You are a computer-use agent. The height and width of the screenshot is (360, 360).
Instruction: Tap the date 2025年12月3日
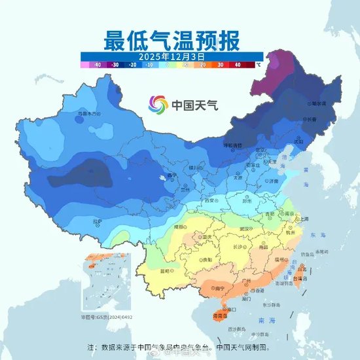point(173,57)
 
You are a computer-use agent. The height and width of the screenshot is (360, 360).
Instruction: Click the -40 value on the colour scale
point(96,65)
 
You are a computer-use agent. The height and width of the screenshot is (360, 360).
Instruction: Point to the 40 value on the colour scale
point(238,65)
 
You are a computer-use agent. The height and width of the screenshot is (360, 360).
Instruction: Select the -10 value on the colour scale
point(149,65)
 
